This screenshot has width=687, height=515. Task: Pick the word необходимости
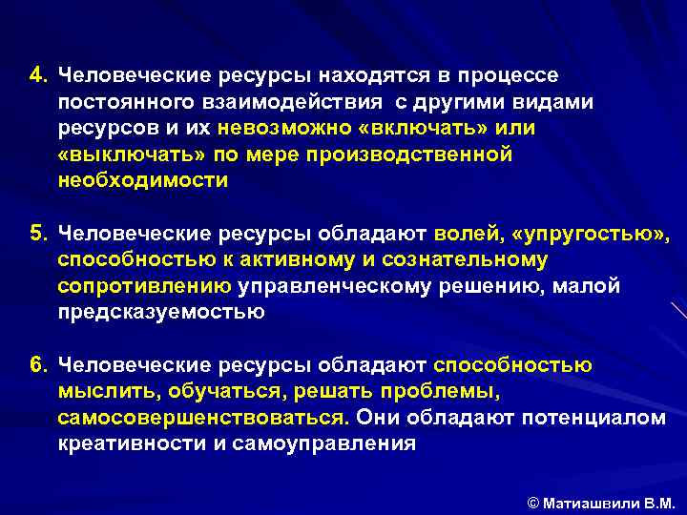pyautogui.click(x=143, y=181)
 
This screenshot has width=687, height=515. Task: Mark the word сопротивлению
pyautogui.click(x=144, y=285)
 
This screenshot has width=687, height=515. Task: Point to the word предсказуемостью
pyautogui.click(x=160, y=312)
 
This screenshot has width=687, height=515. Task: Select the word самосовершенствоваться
pyautogui.click(x=201, y=418)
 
